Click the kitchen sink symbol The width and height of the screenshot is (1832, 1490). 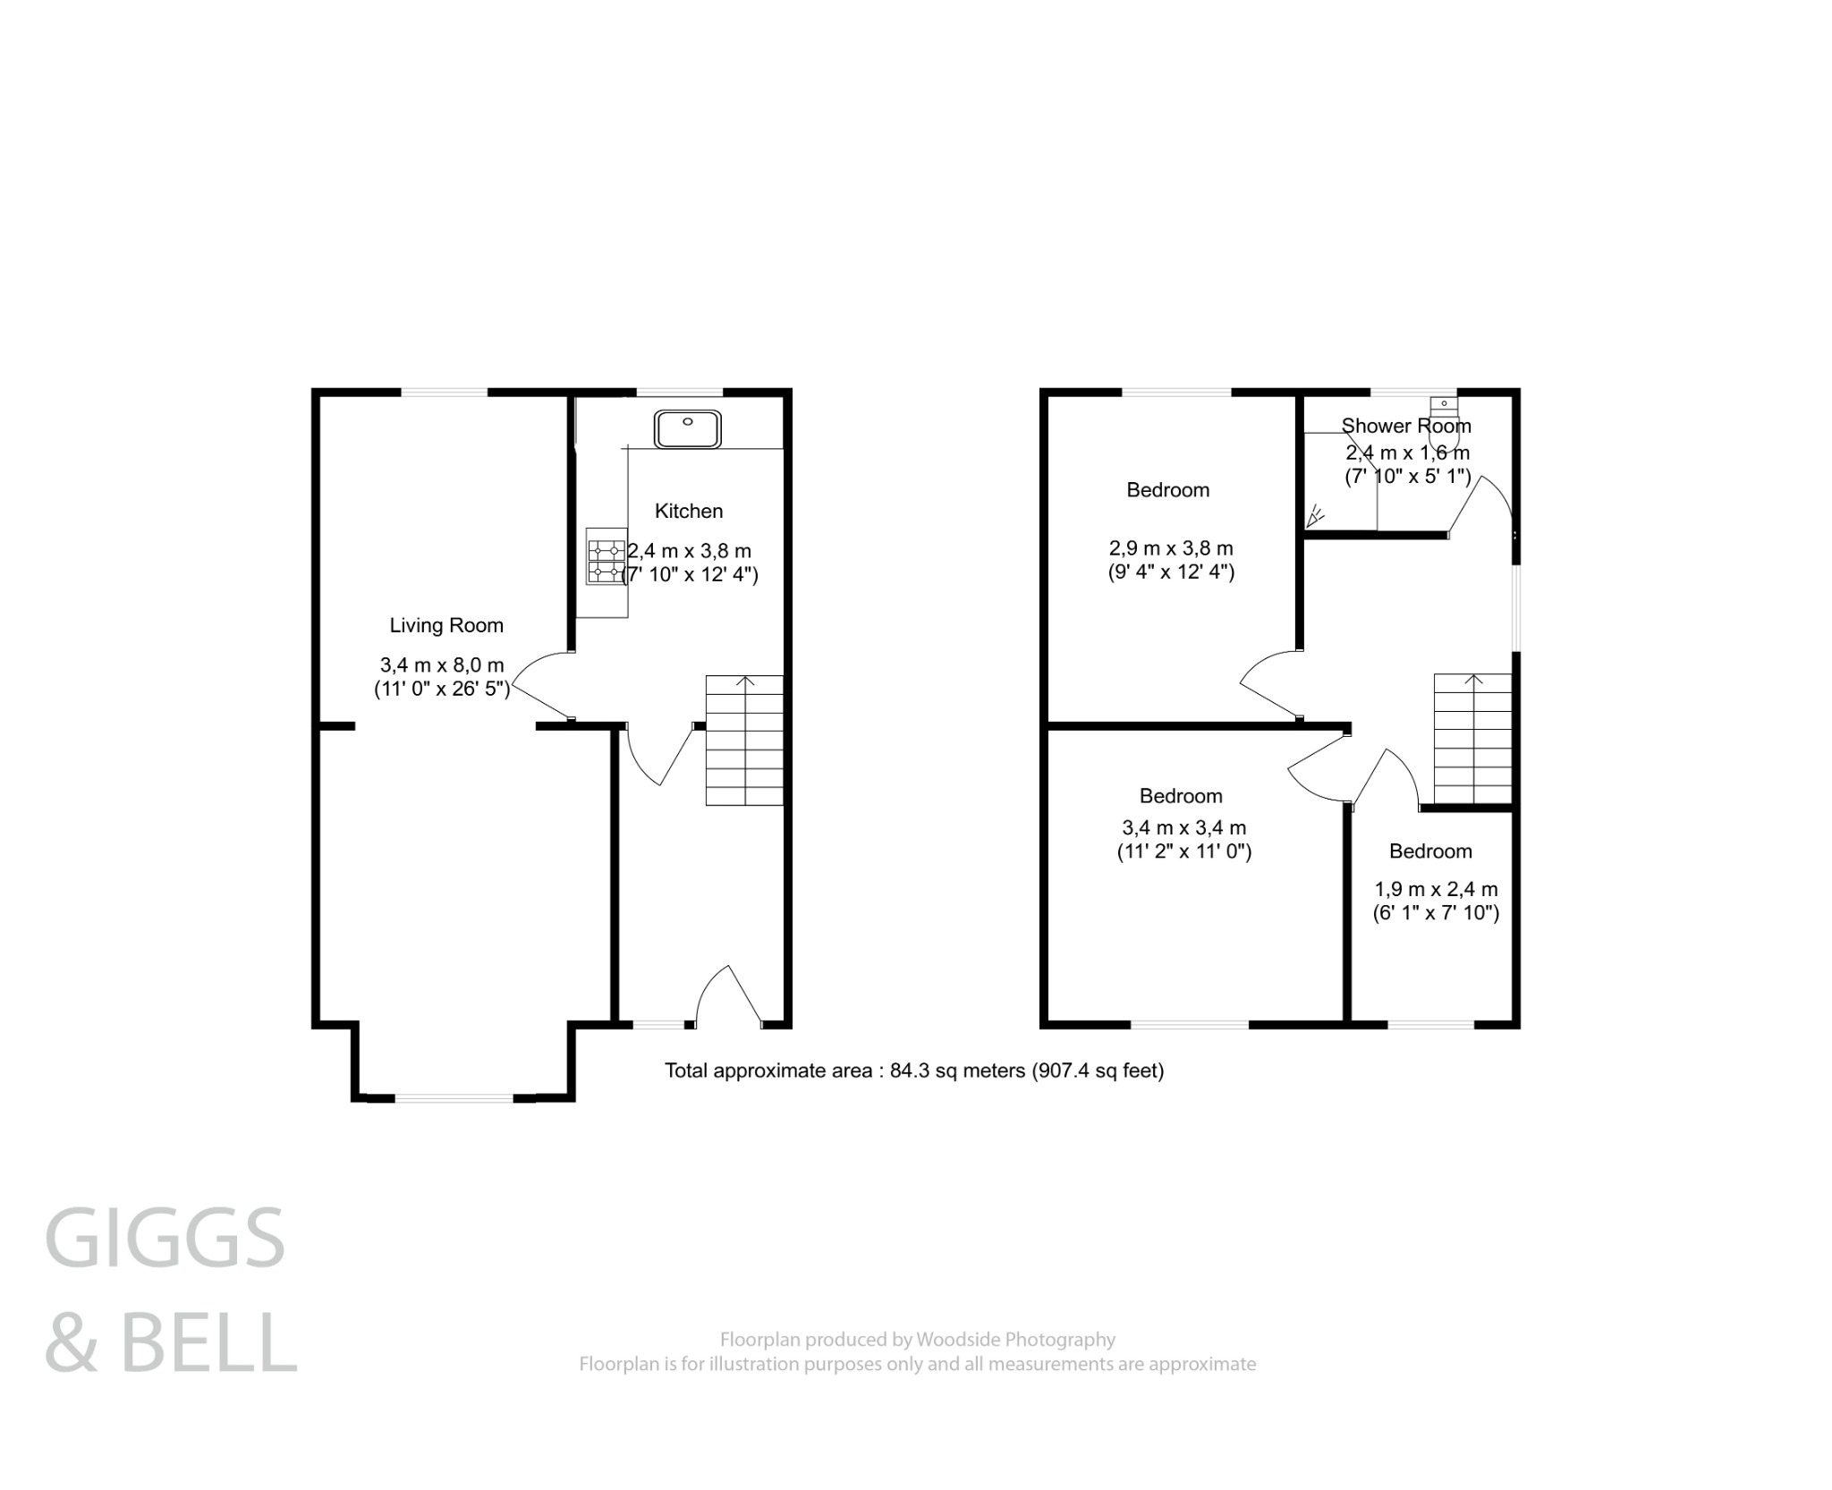[687, 428]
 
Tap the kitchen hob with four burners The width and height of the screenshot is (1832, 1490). [605, 556]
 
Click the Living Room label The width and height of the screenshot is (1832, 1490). [446, 626]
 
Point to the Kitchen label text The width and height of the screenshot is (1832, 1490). [688, 511]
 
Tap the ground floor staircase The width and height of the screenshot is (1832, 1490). [744, 741]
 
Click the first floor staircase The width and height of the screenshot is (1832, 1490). [1472, 739]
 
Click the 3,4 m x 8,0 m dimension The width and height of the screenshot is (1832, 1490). [442, 665]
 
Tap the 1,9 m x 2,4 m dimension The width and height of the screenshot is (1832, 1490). [1436, 889]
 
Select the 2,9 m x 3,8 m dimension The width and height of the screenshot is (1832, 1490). [1171, 548]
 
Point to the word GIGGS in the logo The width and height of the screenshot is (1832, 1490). [165, 1238]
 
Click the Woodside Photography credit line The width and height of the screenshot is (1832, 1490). [917, 1340]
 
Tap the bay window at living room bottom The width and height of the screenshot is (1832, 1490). [454, 1096]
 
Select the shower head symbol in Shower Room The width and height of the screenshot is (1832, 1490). [1315, 516]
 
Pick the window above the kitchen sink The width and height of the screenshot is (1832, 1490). [678, 392]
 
